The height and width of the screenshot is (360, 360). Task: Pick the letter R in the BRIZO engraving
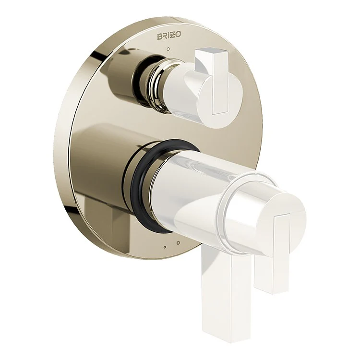[164, 36]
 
